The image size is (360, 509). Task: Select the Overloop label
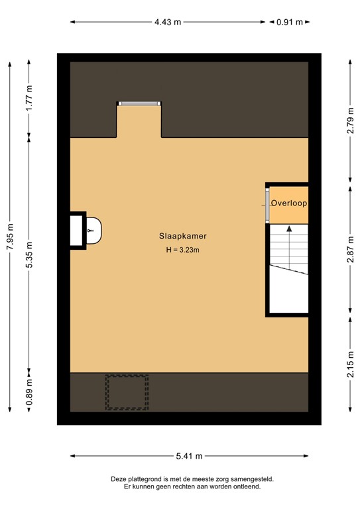288,203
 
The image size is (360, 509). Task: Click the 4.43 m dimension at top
168,22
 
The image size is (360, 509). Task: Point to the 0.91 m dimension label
290,22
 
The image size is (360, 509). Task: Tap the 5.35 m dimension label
29,254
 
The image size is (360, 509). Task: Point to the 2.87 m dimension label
350,250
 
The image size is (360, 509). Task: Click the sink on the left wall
93,230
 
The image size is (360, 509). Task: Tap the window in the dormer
139,103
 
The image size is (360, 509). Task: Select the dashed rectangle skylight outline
127,392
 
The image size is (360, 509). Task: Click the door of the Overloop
267,203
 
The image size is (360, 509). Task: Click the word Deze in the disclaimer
120,479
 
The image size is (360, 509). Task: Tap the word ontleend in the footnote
246,486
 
